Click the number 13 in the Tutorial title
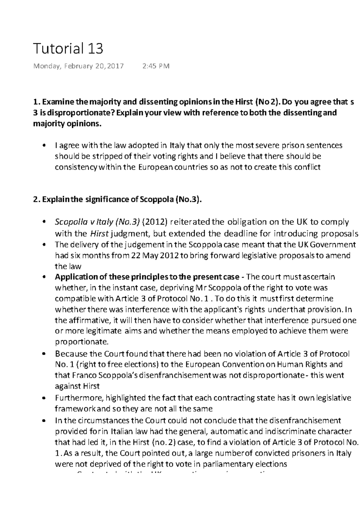pos(95,48)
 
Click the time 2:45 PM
pos(156,66)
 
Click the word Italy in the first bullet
pos(177,146)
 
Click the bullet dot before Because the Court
pos(45,354)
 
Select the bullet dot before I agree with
pos(45,146)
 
